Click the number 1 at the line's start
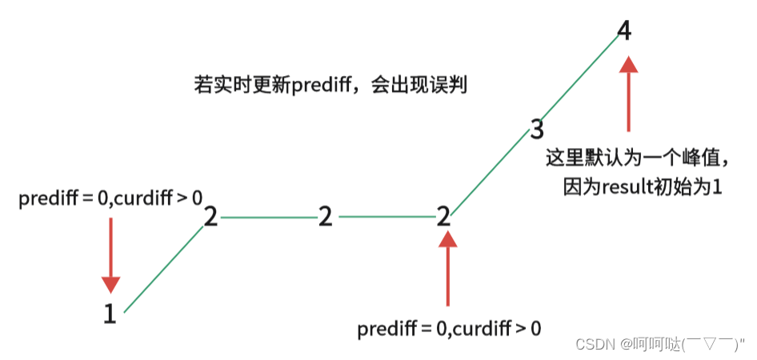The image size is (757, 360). pyautogui.click(x=110, y=314)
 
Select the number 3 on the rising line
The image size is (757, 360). pyautogui.click(x=536, y=128)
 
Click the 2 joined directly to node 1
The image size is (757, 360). pyautogui.click(x=210, y=217)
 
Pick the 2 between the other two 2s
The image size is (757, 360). pyautogui.click(x=325, y=217)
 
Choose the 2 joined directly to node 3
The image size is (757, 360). pyautogui.click(x=443, y=217)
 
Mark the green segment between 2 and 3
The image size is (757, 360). pyautogui.click(x=490, y=172)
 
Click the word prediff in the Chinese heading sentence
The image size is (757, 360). pyautogui.click(x=318, y=85)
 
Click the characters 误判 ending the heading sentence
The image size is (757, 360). pyautogui.click(x=450, y=85)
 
